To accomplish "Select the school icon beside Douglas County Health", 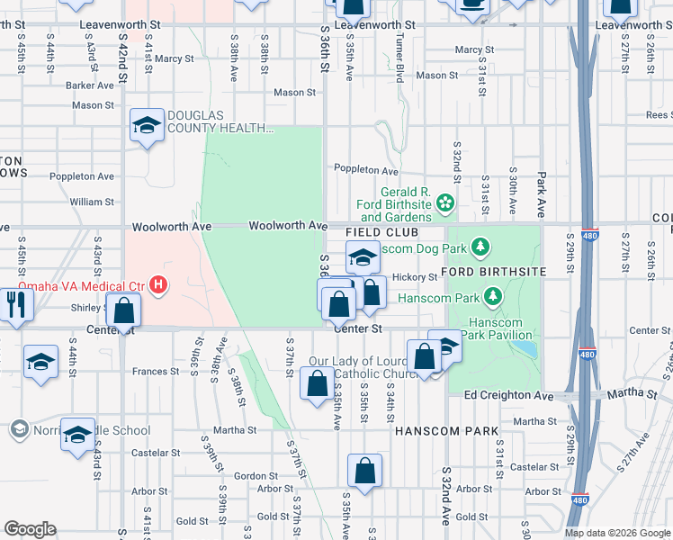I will pos(146,125).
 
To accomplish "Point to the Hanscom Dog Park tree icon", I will pos(481,246).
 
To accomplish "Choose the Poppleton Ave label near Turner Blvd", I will pos(365,170).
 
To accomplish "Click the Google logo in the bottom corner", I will pos(30,528).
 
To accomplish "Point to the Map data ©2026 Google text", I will pos(617,533).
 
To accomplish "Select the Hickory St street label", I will pos(414,277).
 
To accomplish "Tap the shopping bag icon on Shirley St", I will pos(125,310).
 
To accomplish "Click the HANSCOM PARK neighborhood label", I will pos(446,432).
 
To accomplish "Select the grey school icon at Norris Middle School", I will pos(18,430).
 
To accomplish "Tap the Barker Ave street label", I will pos(90,85).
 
